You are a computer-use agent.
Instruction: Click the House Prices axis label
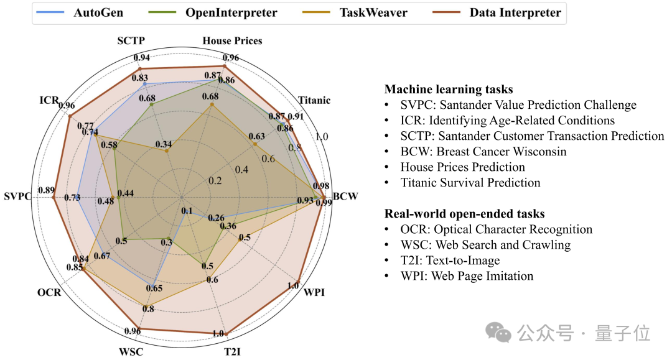(233, 41)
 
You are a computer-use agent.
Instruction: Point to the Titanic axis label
(314, 100)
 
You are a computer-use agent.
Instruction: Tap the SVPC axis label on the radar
(17, 197)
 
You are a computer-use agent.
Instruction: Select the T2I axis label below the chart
(232, 352)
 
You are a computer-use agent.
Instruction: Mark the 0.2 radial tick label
(215, 181)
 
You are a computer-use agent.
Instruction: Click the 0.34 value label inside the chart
(164, 145)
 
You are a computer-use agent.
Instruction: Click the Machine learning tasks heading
(448, 90)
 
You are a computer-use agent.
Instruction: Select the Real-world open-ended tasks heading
(464, 214)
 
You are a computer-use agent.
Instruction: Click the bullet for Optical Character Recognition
(496, 229)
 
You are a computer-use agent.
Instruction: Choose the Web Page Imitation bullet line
(467, 276)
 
